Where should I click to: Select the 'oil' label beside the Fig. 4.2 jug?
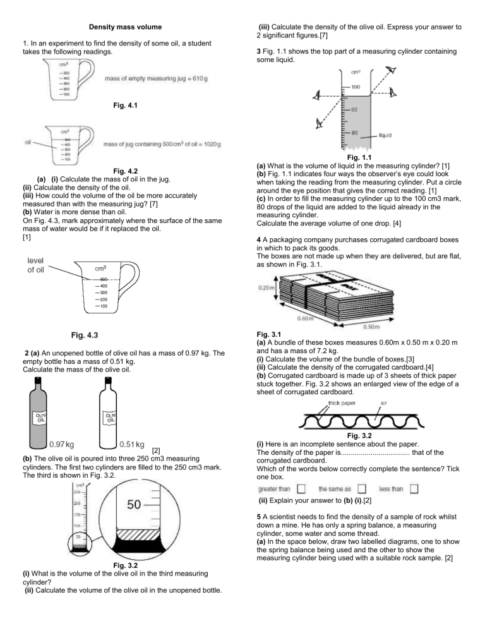pos(28,142)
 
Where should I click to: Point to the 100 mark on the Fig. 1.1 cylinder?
pos(356,87)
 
